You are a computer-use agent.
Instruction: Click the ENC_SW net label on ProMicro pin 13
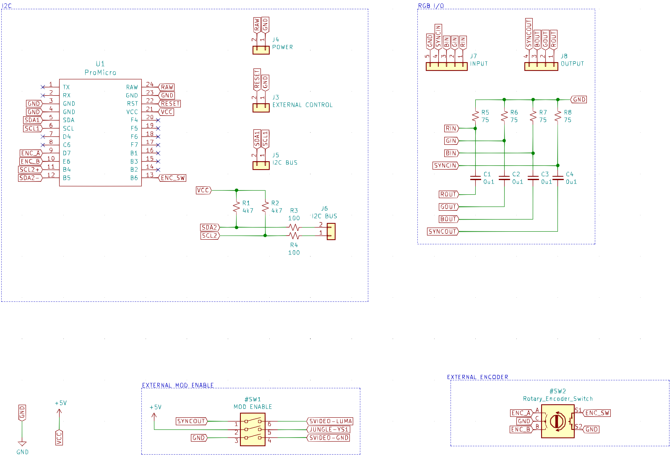(x=172, y=178)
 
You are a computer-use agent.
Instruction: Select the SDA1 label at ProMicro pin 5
(x=32, y=120)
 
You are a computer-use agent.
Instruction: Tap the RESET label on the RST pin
(x=169, y=104)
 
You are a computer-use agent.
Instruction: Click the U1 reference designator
(x=100, y=64)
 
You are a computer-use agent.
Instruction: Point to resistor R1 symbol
(x=237, y=207)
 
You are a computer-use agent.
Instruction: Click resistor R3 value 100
(x=294, y=218)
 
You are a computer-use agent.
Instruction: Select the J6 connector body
(x=331, y=232)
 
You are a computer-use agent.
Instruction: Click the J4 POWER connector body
(x=261, y=50)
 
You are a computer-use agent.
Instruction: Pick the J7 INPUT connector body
(x=447, y=66)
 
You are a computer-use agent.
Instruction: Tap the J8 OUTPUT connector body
(x=541, y=66)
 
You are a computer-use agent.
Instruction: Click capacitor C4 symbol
(x=558, y=178)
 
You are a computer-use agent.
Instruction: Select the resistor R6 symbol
(x=504, y=116)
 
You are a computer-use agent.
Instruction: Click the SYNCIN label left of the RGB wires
(x=446, y=165)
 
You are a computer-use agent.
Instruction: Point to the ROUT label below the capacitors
(x=449, y=194)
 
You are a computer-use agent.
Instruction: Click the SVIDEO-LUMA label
(x=330, y=421)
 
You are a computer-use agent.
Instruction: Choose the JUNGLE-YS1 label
(x=328, y=429)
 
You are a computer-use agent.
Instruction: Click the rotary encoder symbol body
(x=558, y=421)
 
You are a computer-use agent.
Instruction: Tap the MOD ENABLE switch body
(x=253, y=429)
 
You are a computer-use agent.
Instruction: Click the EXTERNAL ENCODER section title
(x=478, y=377)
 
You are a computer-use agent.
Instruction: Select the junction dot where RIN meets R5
(x=475, y=128)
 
